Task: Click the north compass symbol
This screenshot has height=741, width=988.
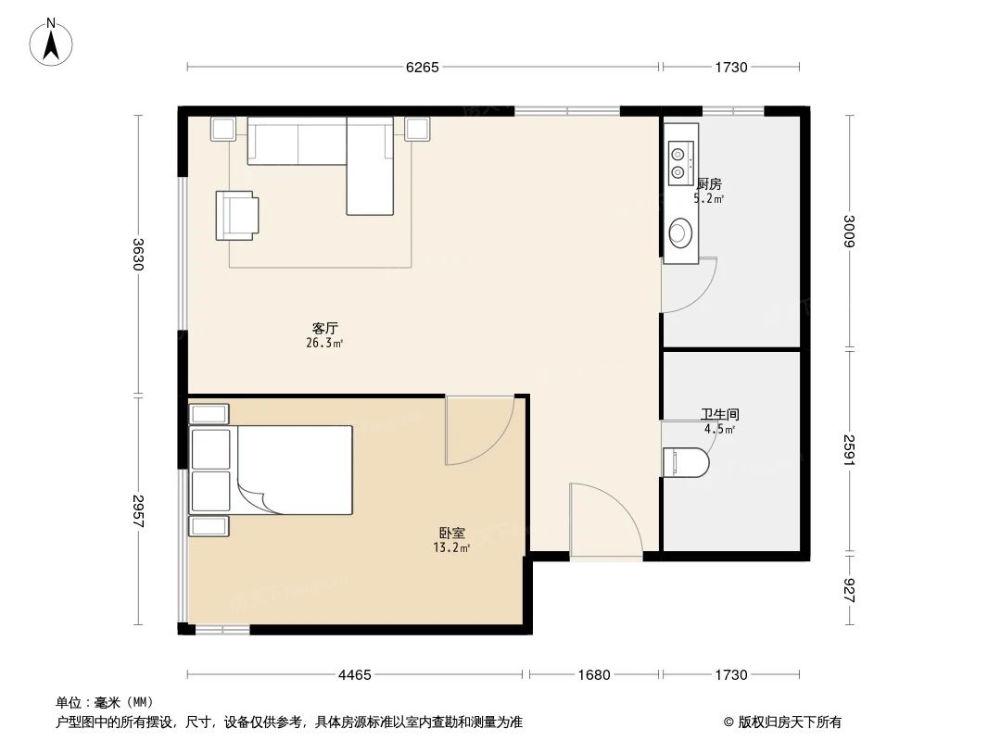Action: [x=52, y=42]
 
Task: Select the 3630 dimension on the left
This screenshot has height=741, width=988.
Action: [x=139, y=254]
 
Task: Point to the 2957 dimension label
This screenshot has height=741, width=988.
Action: [x=139, y=510]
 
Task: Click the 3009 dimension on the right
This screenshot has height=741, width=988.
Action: [x=850, y=232]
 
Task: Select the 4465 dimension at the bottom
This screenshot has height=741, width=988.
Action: [x=355, y=675]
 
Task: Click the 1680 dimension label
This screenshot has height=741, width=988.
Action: [x=593, y=675]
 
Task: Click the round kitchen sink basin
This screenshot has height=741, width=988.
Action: [x=680, y=232]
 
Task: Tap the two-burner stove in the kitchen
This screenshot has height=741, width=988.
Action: [x=679, y=162]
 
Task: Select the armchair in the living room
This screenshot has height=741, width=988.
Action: [x=236, y=215]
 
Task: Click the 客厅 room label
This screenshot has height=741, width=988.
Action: [x=324, y=328]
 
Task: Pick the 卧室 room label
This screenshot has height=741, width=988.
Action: [x=452, y=534]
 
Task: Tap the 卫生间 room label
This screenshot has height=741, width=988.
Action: [x=719, y=416]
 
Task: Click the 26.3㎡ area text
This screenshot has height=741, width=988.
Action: [x=324, y=343]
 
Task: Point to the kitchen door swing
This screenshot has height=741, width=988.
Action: [x=687, y=285]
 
